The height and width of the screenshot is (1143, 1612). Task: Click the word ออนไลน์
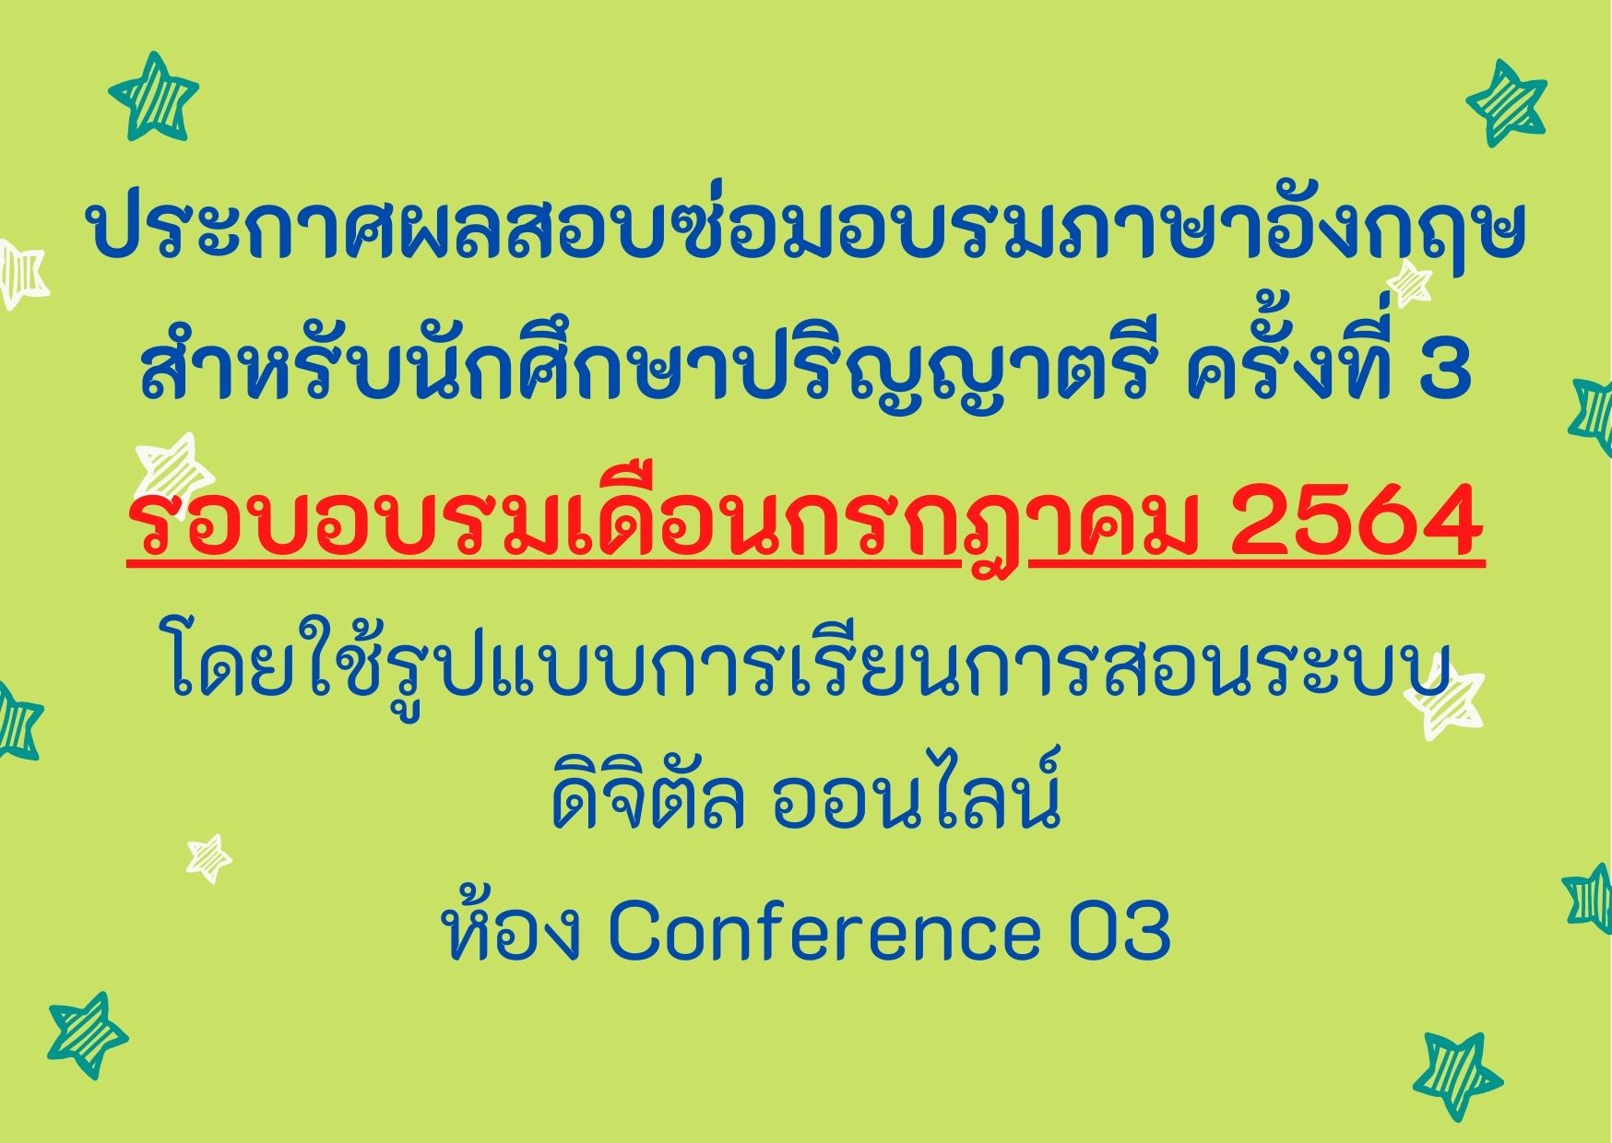(916, 794)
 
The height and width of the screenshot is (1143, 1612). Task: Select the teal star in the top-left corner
(153, 96)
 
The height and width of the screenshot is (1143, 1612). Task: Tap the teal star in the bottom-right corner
(1457, 1077)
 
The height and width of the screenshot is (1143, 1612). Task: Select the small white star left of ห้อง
(209, 859)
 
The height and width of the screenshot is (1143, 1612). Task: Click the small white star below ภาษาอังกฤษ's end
(1409, 283)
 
